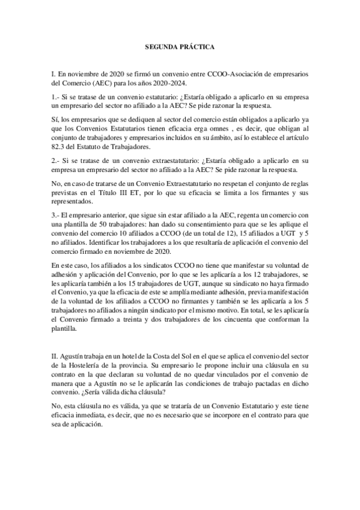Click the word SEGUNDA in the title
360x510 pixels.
click(x=159, y=46)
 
